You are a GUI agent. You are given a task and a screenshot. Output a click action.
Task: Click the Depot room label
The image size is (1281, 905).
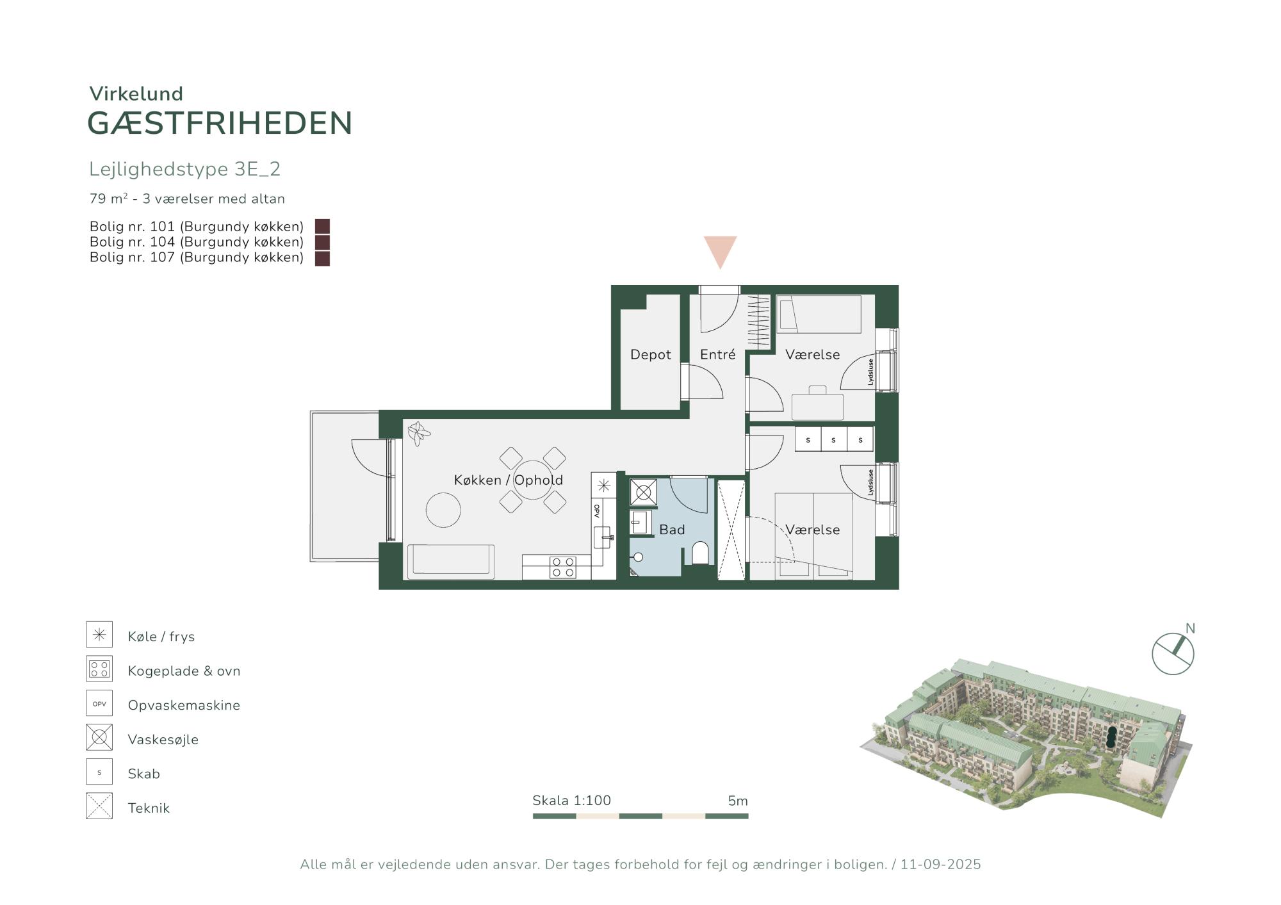650,355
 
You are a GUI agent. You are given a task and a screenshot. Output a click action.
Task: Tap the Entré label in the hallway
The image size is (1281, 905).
717,354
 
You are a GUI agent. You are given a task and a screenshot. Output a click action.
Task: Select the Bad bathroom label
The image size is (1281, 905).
672,530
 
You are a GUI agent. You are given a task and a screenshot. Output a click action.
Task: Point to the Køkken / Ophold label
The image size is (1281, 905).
509,480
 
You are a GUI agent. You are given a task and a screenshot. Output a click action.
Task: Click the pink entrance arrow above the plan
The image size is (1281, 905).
720,252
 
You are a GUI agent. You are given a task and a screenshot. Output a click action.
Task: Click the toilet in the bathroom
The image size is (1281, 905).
701,553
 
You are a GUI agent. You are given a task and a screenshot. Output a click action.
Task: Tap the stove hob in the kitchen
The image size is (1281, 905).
562,567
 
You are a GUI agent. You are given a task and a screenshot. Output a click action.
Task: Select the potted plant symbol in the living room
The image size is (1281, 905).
419,433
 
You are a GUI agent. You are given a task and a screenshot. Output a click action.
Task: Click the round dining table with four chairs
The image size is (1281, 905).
532,480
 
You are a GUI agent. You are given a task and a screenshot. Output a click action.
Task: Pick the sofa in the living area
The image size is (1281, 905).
450,562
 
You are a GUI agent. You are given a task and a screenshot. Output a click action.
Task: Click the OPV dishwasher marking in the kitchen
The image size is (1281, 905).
597,510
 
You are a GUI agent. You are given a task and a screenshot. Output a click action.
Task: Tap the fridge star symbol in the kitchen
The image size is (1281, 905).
603,485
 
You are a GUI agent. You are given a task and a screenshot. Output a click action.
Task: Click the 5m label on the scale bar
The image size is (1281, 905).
738,801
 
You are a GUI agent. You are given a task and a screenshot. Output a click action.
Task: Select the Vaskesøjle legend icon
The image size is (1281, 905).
99,737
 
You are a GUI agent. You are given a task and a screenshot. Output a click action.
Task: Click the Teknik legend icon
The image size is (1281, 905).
99,806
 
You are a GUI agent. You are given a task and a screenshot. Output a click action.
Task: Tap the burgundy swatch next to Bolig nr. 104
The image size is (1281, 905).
322,242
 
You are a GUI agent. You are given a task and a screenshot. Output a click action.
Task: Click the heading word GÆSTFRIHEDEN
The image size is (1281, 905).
220,124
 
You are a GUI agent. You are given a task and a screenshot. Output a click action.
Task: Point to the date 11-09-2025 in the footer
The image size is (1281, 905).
940,865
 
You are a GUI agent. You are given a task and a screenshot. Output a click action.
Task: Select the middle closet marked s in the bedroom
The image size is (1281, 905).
833,439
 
